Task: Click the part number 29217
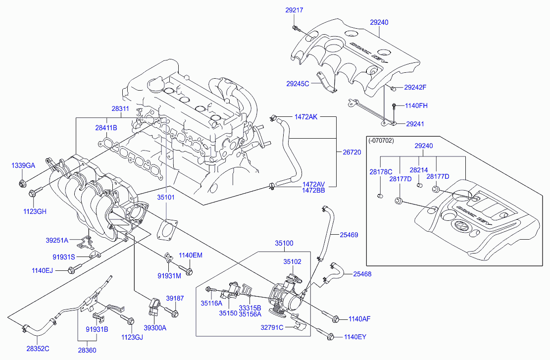pos(294,10)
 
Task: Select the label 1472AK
pos(306,117)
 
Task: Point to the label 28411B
pos(106,128)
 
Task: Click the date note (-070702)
pos(382,140)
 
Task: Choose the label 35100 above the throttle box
pos(284,243)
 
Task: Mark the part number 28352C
pos(38,349)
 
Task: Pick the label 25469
pos(349,235)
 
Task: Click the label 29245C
pos(298,84)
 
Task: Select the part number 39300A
pos(155,327)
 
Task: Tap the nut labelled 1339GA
pos(23,185)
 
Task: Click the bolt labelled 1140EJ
pos(72,270)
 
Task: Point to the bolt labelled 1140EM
pos(188,271)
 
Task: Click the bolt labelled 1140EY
pos(330,337)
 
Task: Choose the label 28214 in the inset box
pos(418,170)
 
